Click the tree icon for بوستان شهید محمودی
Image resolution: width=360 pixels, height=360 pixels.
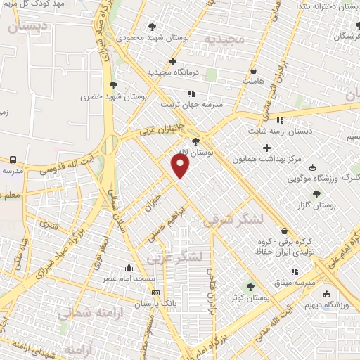pos(153,27)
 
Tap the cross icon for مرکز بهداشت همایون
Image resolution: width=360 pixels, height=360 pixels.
pos(266,148)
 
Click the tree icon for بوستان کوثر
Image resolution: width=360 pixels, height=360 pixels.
pos(250,286)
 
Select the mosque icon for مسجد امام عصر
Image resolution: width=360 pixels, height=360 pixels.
pos(128,268)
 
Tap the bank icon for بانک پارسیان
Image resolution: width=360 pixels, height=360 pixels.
pos(156,292)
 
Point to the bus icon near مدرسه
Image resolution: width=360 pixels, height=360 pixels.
pos(13,160)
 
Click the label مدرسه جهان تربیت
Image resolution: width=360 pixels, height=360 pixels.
pos(191,104)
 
